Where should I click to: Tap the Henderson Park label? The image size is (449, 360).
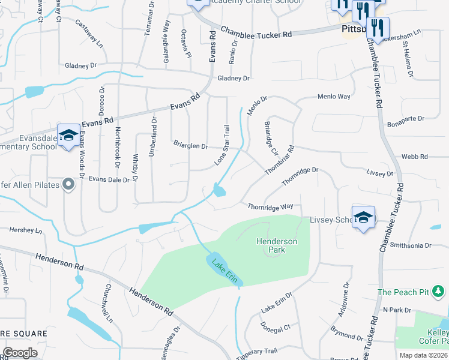coord(277,245)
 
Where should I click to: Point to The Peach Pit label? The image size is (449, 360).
coord(403,292)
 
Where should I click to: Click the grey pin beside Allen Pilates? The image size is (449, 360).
coord(68,185)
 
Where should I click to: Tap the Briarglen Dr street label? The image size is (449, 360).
coord(190,146)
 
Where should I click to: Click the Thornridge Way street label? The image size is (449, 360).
coord(271,206)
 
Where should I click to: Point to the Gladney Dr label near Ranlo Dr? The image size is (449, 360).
coord(233,79)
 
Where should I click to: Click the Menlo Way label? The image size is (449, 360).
coord(334,97)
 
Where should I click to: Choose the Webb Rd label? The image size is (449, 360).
coord(414,157)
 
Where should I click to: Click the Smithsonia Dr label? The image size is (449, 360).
coord(411,245)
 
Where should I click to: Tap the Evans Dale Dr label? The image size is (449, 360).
coord(109,179)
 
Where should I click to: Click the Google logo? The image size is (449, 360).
coord(20,353)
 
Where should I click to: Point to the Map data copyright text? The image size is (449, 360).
coord(423,355)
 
